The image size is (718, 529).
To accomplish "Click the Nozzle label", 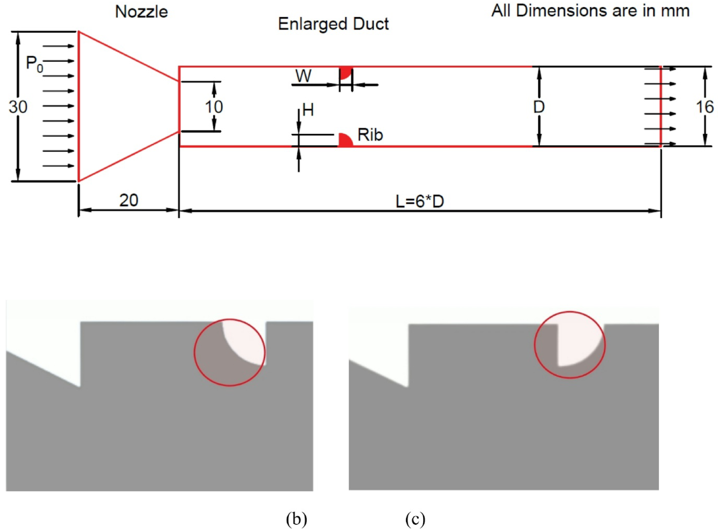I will point(141,12).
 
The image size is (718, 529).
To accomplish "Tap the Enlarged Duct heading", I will point(333,24).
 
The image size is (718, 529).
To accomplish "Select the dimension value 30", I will point(18,107).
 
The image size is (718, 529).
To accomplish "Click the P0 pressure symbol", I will point(34,63).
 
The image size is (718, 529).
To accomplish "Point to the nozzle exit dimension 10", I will point(213,107).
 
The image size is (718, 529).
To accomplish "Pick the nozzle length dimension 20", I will point(129,200).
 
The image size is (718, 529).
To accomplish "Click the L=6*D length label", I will point(420,201).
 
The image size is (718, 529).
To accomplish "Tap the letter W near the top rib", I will point(303,76).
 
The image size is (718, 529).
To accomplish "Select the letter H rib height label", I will point(308,110).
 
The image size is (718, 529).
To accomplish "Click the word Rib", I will point(370,135).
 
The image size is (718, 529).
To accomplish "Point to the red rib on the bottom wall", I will point(345,141).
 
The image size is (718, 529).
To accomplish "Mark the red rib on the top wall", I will point(345,72).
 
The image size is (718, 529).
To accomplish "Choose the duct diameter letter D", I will point(539,107).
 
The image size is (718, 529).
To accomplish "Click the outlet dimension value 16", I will point(704,107).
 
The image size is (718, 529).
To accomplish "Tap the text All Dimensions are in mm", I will point(590,11).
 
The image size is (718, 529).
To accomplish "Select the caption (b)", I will point(296,519).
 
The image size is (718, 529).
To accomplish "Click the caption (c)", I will point(415,519).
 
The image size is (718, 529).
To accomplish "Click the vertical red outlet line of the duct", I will point(661,107).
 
